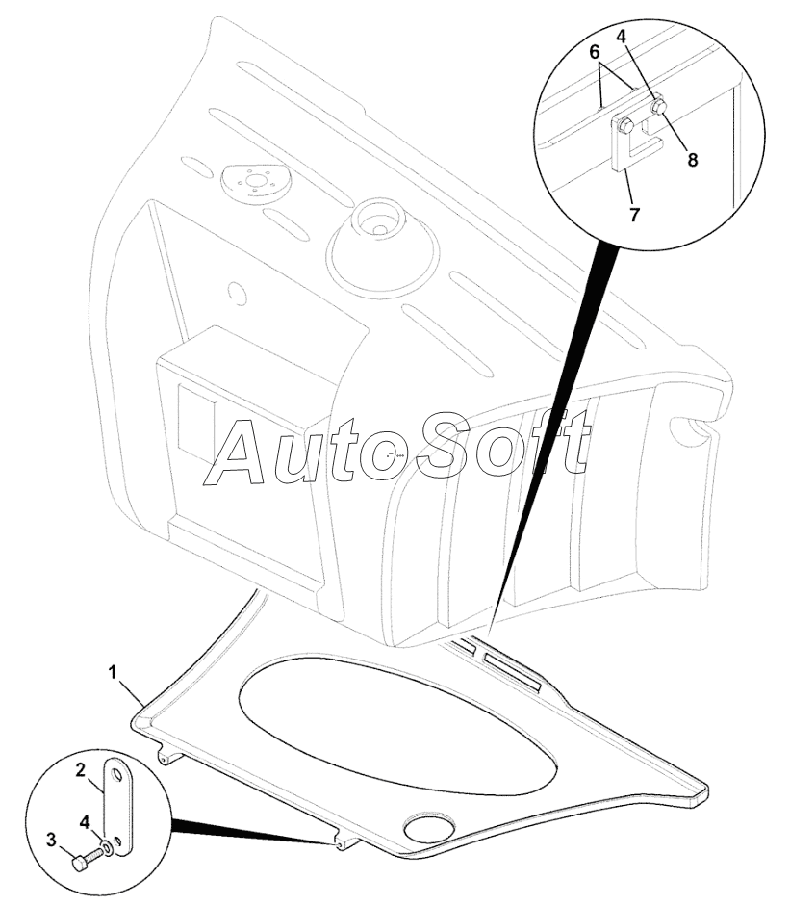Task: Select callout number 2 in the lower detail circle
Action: (x=83, y=770)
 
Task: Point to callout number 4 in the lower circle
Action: (x=85, y=821)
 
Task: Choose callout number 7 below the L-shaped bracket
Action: (x=633, y=215)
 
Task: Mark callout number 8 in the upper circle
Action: (x=692, y=159)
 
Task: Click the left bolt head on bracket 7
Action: (x=626, y=124)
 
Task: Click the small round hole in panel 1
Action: (x=423, y=827)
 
